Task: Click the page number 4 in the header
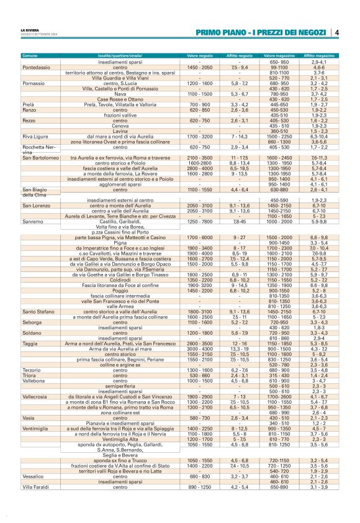(x=336, y=32)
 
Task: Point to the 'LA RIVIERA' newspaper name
(x=30, y=30)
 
